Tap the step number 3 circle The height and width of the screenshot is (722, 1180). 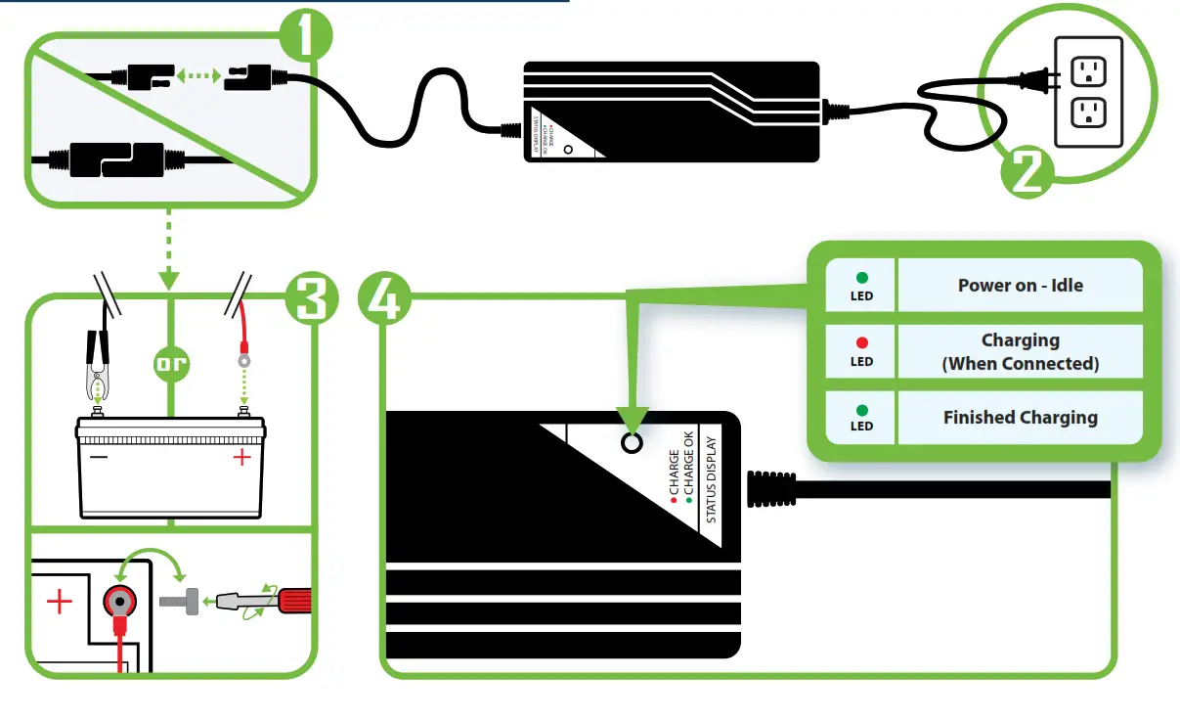[x=311, y=297]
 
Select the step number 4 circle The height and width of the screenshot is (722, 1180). [x=385, y=297]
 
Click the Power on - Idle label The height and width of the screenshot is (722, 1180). [x=1020, y=286]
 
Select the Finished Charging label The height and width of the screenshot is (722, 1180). [x=1020, y=418]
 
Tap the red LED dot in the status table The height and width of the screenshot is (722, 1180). [x=861, y=343]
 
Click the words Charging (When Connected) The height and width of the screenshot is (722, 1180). [x=1020, y=351]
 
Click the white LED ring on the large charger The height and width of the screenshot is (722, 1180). [x=632, y=443]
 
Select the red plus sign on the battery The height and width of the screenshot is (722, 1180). [x=241, y=457]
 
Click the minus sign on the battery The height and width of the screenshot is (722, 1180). [x=98, y=456]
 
